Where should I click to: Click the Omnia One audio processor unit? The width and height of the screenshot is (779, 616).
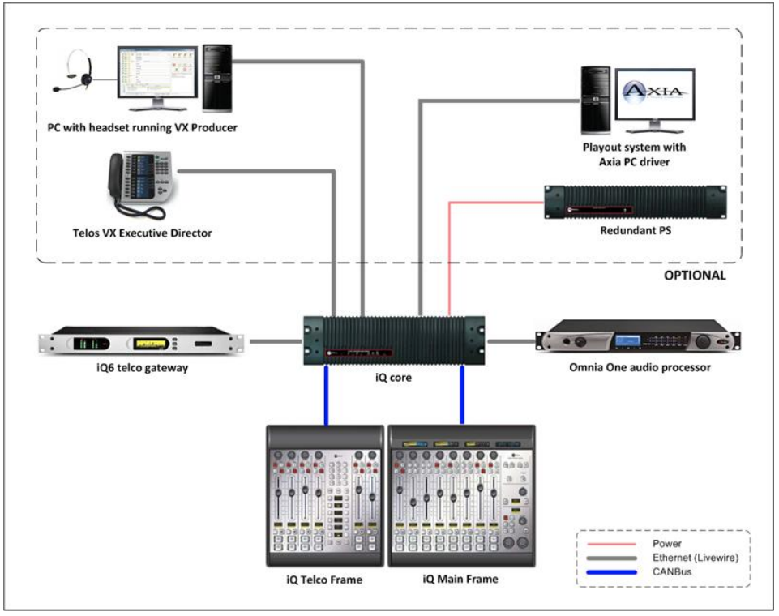638,342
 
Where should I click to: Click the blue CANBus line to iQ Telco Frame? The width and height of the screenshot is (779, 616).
326,396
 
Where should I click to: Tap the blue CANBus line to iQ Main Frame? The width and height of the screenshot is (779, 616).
462,396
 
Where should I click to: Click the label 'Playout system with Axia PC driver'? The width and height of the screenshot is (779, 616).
634,155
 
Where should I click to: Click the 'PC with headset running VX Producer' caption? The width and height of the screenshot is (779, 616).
142,127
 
